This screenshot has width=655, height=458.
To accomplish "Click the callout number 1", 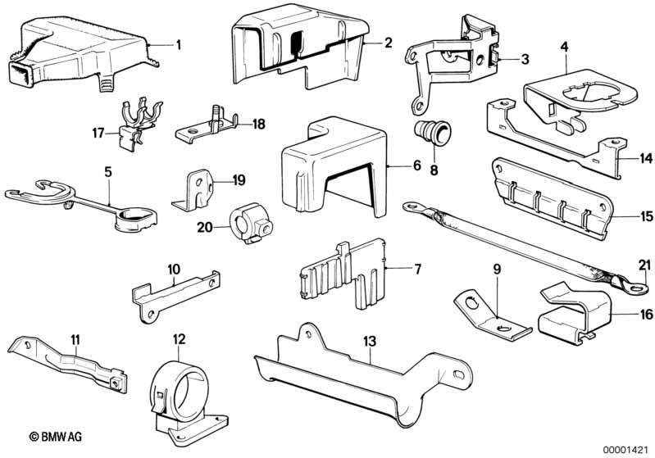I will point(179,43).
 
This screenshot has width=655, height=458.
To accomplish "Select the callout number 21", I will point(645,262).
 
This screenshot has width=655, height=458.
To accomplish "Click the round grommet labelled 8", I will point(429,132).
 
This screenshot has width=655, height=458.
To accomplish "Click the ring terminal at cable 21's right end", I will point(630,287).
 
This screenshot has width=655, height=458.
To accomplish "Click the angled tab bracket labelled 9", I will point(490,317).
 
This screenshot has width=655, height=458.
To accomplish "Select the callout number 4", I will point(564,46).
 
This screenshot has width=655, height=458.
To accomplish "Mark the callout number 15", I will point(646,217).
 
